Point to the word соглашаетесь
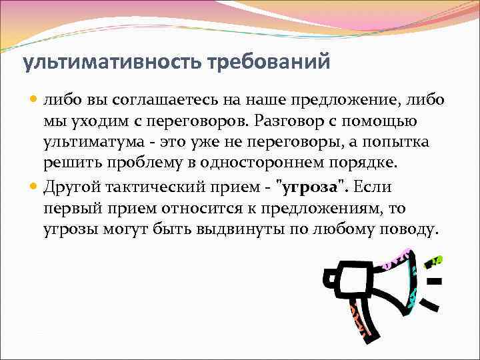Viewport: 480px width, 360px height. pos(157,100)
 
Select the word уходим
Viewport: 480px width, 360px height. pos(96,123)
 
